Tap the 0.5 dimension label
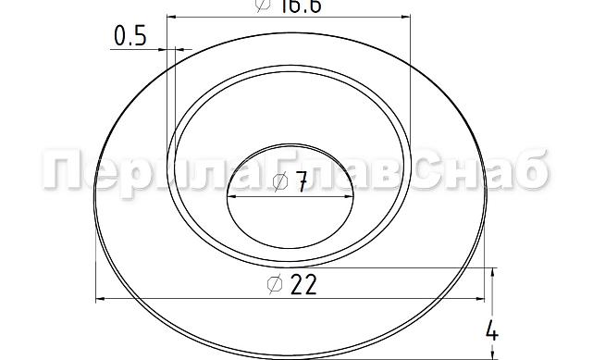[x=130, y=36]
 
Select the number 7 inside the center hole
[x=302, y=184]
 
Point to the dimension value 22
[x=303, y=285]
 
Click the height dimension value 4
[x=492, y=331]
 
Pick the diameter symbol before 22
[x=274, y=286]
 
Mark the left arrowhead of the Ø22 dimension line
[x=102, y=299]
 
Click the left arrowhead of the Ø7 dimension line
[x=231, y=197]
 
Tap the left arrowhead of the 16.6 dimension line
[x=173, y=16]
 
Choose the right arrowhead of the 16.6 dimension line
[x=404, y=16]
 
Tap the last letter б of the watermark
[x=532, y=172]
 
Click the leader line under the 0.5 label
[x=139, y=49]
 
